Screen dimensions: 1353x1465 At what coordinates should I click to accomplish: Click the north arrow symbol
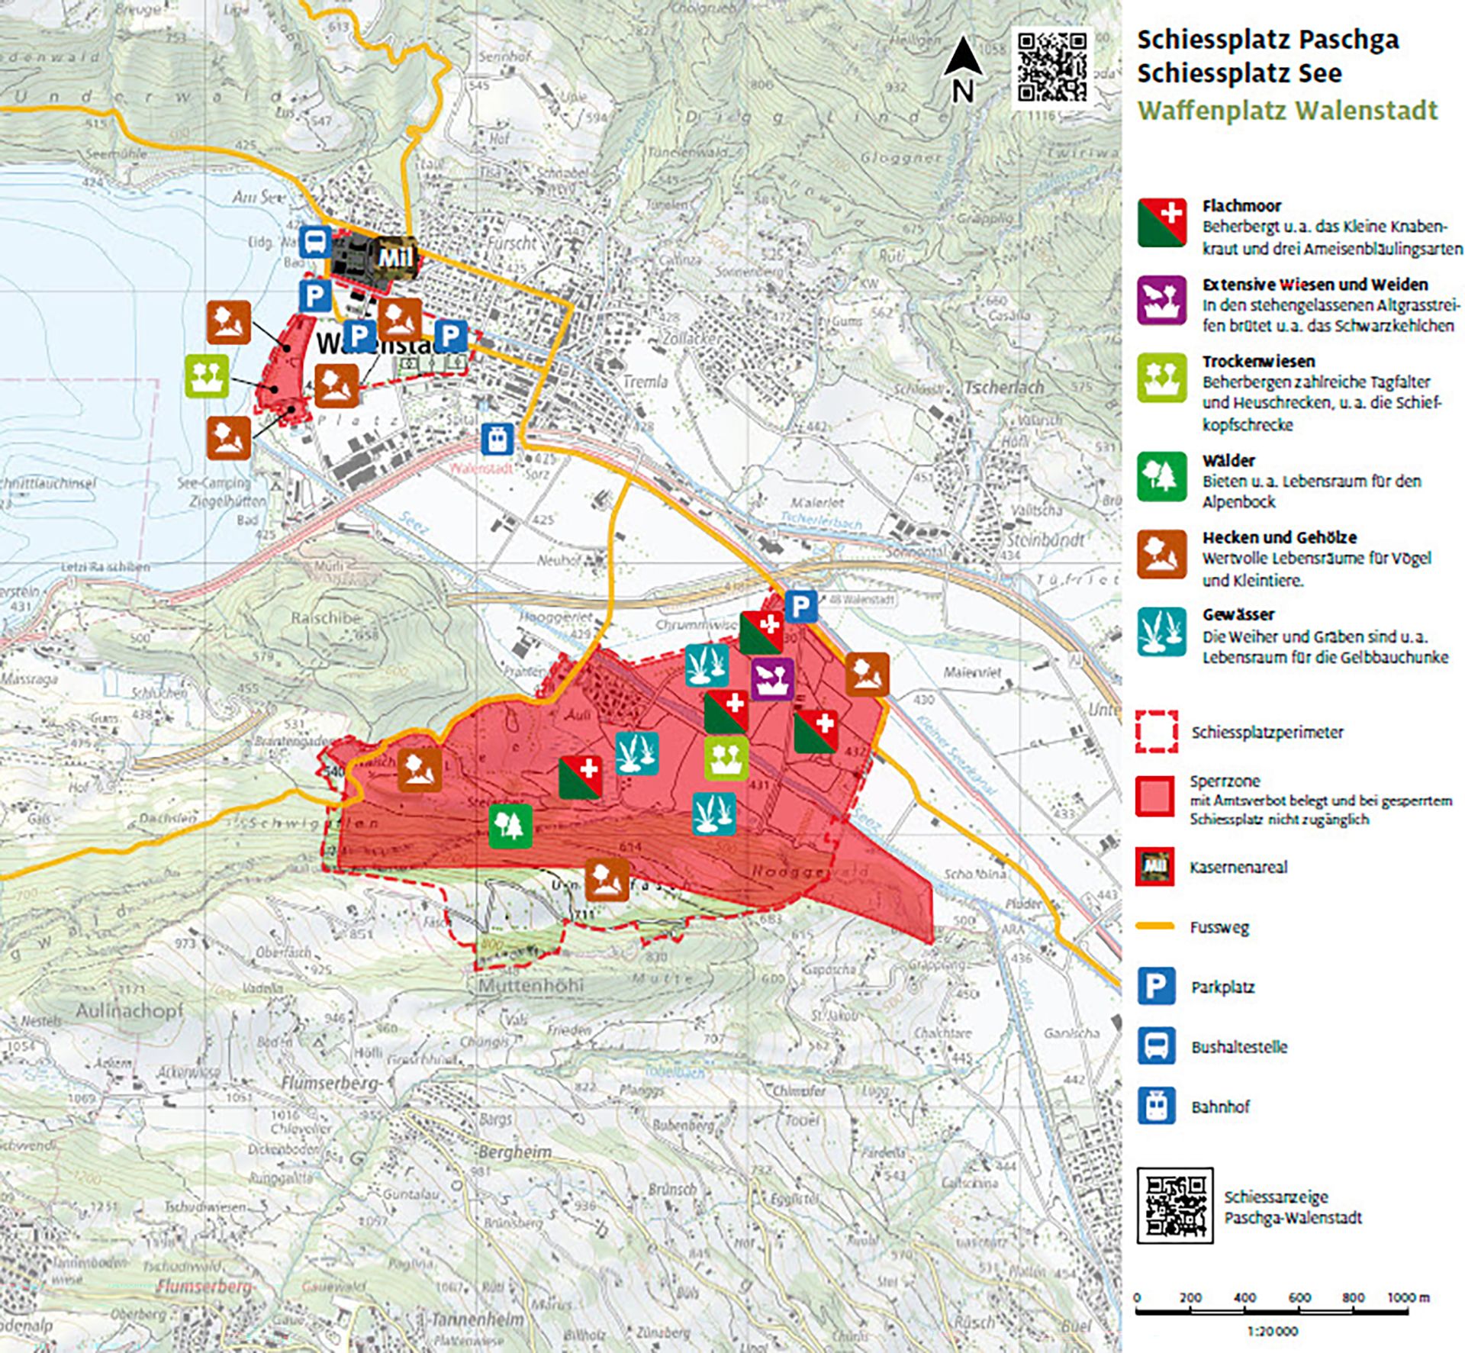click(962, 69)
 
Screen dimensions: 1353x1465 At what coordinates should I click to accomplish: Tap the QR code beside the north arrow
click(1052, 66)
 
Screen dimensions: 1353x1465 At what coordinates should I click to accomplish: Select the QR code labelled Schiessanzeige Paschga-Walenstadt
click(1174, 1205)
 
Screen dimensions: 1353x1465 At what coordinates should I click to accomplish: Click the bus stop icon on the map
click(314, 243)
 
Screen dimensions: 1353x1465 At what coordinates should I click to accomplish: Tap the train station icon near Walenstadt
click(497, 440)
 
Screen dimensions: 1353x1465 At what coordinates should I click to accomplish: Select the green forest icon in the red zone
click(510, 826)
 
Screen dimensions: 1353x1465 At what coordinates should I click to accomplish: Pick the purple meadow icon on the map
click(772, 678)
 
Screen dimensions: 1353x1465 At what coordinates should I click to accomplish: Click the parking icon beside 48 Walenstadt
click(800, 607)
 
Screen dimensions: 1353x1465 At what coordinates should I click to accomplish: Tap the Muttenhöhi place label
click(531, 985)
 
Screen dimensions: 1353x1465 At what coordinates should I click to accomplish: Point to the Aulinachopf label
click(130, 1010)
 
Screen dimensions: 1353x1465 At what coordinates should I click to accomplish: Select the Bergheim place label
click(515, 1151)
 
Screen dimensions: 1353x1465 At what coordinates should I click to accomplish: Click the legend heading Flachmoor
click(1241, 205)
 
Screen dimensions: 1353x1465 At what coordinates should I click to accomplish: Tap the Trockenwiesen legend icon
click(1161, 378)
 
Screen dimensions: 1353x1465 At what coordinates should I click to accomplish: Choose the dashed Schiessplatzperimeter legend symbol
click(1156, 732)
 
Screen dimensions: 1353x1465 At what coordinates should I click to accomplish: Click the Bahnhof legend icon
click(1156, 1106)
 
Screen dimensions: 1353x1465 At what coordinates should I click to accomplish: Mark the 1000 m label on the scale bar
click(1408, 1297)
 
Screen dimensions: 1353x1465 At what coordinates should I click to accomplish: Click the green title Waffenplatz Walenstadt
click(1287, 111)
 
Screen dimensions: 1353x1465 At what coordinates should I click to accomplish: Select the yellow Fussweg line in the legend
click(1155, 926)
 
